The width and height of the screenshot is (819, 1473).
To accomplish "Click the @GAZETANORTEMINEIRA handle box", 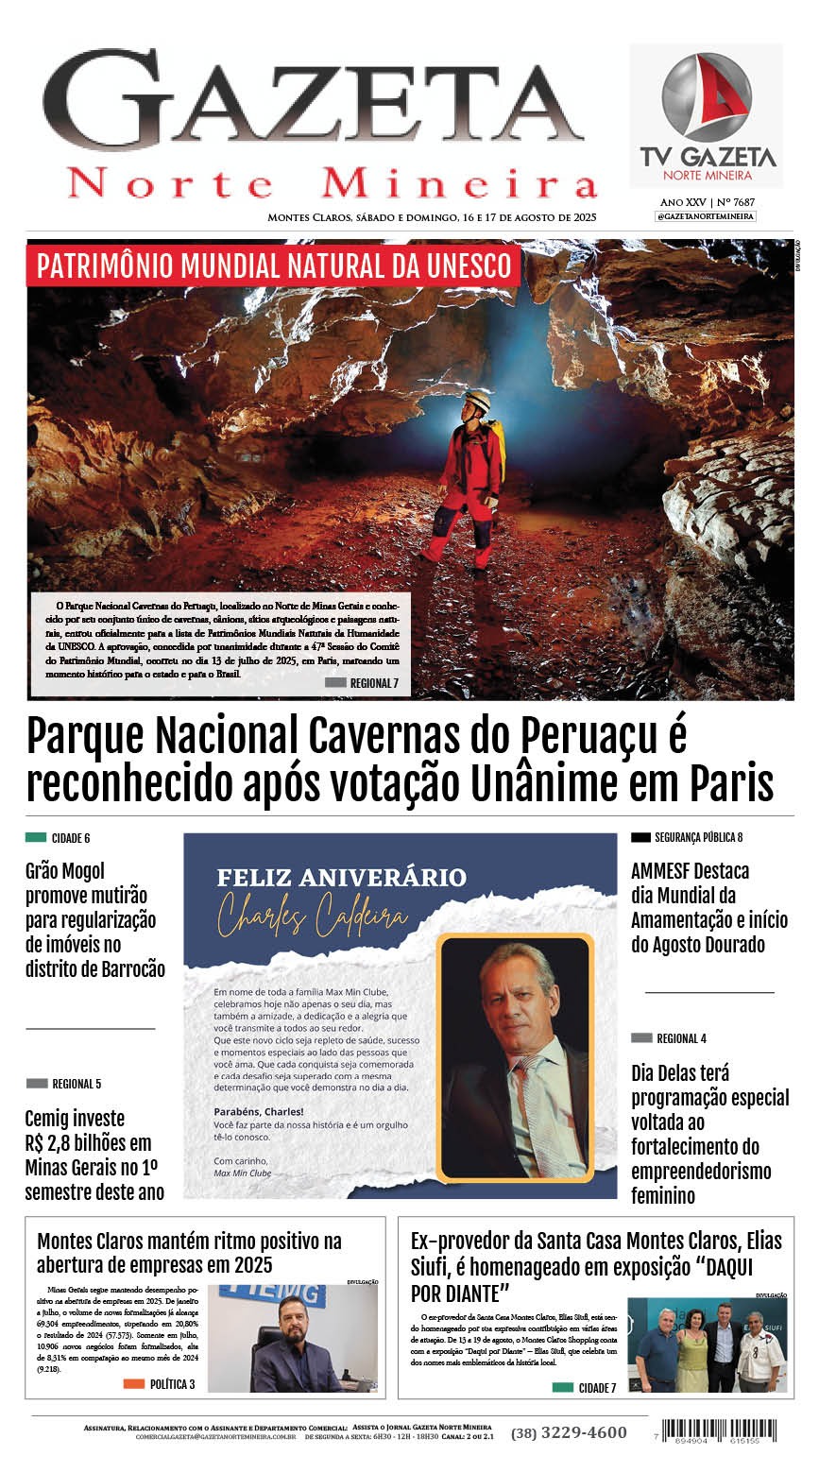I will pos(706,216).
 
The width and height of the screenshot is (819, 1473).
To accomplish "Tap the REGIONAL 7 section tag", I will pos(362,683).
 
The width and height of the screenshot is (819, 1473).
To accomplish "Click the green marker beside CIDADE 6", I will pos(36,837).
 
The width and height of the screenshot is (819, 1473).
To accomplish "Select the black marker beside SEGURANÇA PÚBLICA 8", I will pos(640,837).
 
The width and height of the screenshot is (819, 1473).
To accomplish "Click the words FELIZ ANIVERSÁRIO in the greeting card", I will pos(341,878).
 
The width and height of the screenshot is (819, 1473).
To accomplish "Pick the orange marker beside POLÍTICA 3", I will pos(134,1384).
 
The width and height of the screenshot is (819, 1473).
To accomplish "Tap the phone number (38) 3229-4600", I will pos(569,1432).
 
